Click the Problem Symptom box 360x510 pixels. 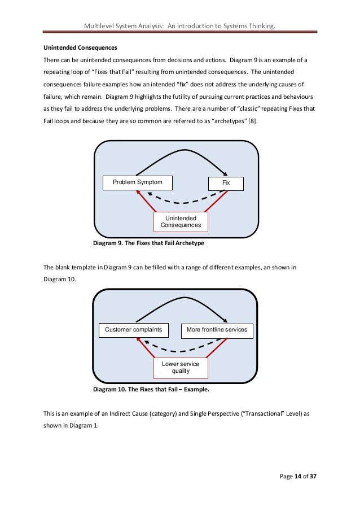137,182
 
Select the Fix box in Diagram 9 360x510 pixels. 226,183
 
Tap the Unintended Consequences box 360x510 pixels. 181,221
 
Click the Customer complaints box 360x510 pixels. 134,329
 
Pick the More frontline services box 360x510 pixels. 217,329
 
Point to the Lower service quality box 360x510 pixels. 181,368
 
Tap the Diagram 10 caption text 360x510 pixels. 151,390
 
